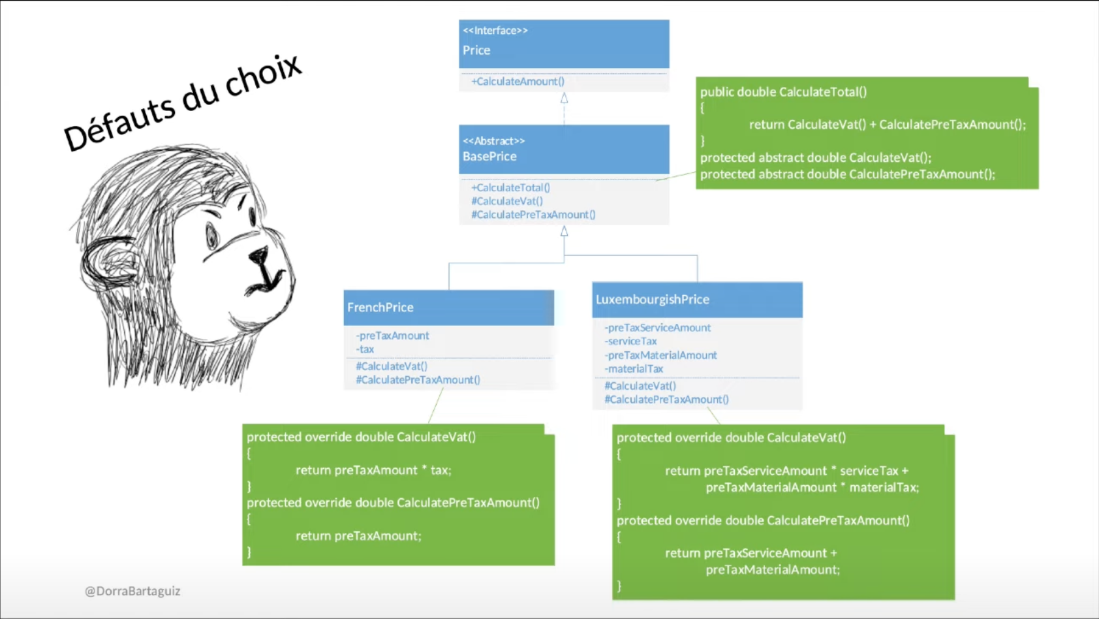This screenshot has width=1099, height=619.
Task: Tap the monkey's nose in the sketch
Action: click(x=260, y=255)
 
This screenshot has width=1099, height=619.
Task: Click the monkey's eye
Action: click(x=212, y=236)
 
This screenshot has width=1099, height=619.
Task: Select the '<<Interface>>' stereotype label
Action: click(x=495, y=31)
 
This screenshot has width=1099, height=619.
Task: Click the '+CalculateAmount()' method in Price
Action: click(x=518, y=82)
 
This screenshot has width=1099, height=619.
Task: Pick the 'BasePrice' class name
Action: click(x=489, y=157)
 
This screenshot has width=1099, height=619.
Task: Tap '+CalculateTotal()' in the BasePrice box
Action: click(x=510, y=187)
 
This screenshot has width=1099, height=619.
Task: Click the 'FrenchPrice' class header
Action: click(x=380, y=308)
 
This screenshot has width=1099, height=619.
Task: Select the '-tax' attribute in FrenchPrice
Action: click(x=365, y=349)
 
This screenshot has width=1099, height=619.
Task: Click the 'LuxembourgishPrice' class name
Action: click(x=652, y=300)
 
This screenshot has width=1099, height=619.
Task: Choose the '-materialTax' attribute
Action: click(x=634, y=369)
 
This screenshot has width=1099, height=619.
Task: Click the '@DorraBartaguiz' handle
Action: click(x=132, y=591)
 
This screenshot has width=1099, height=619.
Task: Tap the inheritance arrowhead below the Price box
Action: click(x=565, y=98)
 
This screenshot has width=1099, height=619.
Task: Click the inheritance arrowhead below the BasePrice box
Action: click(x=565, y=231)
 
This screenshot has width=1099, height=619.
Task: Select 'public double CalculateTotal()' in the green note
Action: click(x=783, y=92)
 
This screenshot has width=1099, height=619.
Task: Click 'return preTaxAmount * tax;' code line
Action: click(x=373, y=470)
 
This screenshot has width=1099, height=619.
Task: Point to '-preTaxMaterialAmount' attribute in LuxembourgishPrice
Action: click(x=660, y=355)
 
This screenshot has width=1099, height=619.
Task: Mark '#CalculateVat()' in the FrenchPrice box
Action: click(x=392, y=366)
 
